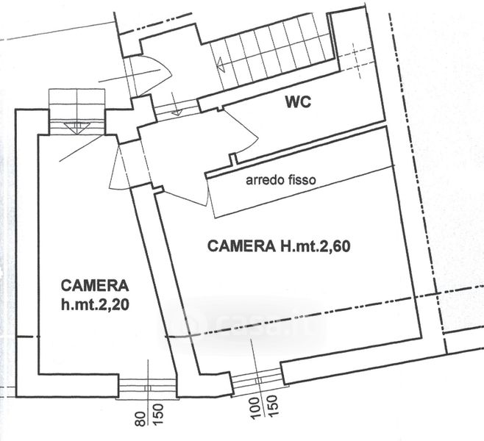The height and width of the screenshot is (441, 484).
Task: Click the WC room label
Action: [x=299, y=102]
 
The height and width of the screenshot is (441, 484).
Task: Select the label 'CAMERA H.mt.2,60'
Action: [x=279, y=246]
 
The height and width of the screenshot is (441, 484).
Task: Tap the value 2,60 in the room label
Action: [x=335, y=246]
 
